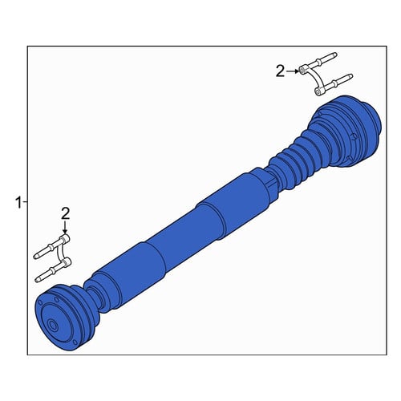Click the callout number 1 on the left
pos(18,203)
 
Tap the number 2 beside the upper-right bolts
pos(281,71)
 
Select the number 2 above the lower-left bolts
pos(66,213)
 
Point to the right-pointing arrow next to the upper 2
pos(293,71)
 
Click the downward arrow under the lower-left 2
pos(65,228)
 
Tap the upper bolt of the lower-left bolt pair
pos(51,246)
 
